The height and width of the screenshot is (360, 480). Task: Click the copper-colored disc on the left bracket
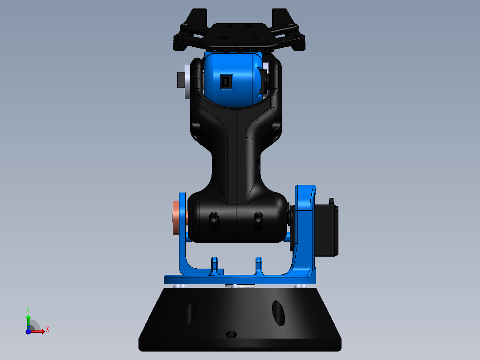(177, 218)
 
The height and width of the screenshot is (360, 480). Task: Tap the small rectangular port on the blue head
(226, 82)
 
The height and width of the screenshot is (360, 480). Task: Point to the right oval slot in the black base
(279, 313)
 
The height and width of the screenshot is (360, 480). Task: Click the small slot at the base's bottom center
(232, 334)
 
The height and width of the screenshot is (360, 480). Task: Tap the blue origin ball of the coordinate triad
(28, 331)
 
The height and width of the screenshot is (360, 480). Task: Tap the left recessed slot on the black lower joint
(214, 220)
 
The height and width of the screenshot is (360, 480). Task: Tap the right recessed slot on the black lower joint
(257, 220)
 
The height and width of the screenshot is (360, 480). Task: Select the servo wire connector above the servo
(331, 202)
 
